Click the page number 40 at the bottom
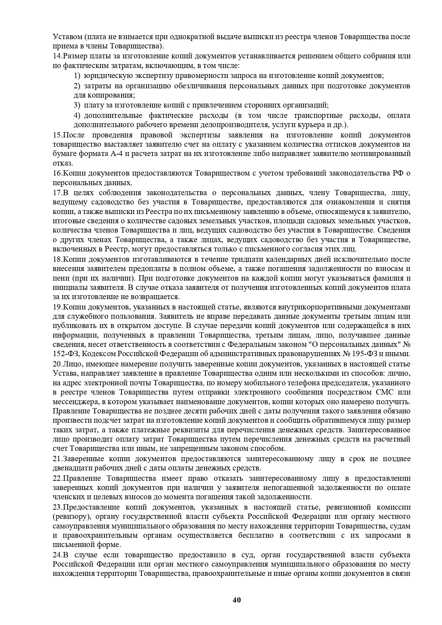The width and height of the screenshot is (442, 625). (x=237, y=600)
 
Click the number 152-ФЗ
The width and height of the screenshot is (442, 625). (x=64, y=354)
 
